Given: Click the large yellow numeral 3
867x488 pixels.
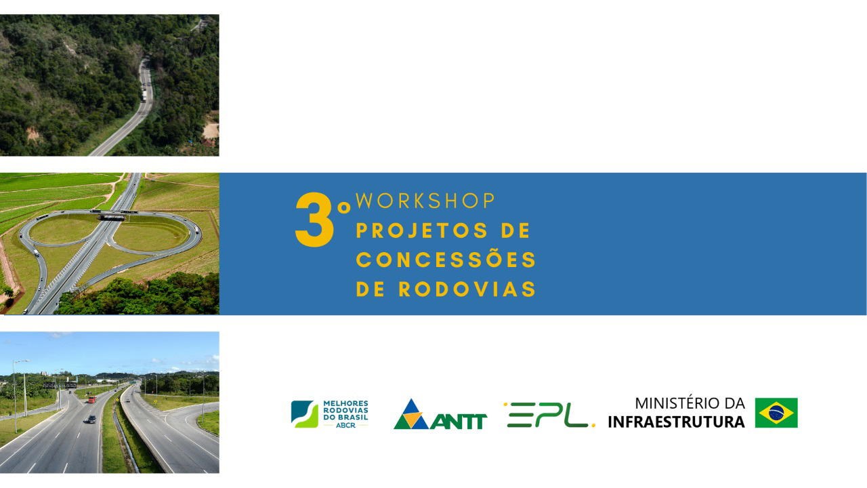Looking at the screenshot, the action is coord(314,220).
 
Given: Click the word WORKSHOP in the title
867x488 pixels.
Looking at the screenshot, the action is coord(425,201).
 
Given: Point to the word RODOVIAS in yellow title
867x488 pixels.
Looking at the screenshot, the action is coord(467,289).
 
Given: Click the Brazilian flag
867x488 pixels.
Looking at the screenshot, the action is coord(776,413).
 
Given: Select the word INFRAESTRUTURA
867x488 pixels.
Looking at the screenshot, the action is coord(676,422).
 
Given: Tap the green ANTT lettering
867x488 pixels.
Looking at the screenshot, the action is coord(459,422).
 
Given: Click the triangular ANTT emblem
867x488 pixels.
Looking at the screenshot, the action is coord(411,415).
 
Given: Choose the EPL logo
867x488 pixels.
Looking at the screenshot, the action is coord(549,415).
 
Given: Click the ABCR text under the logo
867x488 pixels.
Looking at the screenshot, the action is coord(345,425).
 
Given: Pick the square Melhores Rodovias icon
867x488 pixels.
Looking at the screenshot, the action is coord(305,414).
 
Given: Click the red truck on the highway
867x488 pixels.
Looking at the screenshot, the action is coord(91,399).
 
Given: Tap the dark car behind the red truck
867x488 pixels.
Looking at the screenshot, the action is coord(91,419).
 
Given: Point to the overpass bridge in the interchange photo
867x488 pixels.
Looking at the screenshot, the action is coord(112,217).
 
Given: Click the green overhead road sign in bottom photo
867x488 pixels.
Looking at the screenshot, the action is coord(133,382).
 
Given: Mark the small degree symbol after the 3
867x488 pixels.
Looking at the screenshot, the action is coord(343,208).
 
